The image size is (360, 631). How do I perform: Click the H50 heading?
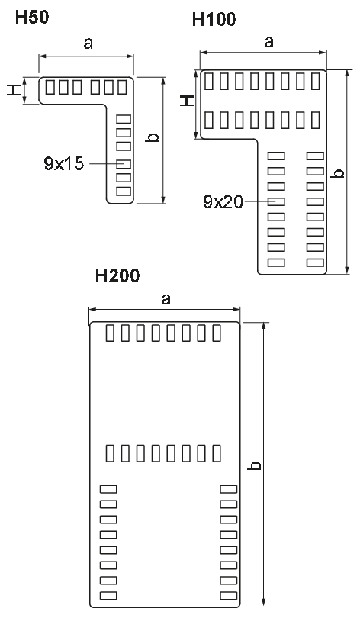click(32, 18)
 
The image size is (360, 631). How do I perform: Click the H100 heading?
click(214, 19)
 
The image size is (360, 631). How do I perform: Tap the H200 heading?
click(117, 275)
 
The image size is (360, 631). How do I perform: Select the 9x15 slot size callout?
click(64, 164)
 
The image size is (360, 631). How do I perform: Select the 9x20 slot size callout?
click(223, 201)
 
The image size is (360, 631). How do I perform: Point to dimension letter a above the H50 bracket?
click(88, 43)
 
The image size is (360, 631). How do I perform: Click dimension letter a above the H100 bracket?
click(268, 41)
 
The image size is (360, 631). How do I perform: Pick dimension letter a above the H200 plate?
click(166, 299)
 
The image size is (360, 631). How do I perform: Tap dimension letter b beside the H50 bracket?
click(153, 137)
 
